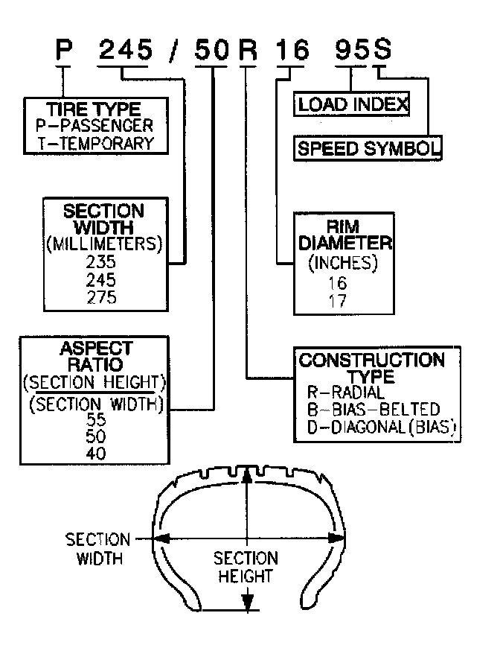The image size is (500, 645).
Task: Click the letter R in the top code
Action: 247,51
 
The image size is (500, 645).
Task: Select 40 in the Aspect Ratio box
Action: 95,453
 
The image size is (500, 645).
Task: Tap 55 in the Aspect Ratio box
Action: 95,420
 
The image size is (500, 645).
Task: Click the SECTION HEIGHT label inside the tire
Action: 246,567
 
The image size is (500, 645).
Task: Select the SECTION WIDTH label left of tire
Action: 97,548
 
